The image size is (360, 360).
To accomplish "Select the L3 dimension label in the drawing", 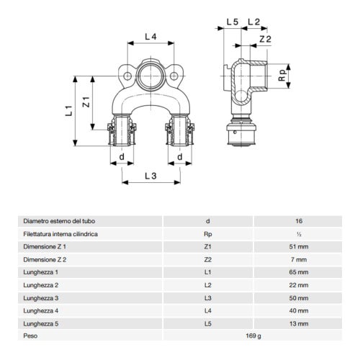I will pos(150,176).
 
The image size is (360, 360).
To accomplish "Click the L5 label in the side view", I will pos(231,23).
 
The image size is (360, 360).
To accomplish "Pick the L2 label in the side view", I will pos(254,23).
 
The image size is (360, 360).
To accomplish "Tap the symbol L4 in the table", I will pos(208,310).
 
